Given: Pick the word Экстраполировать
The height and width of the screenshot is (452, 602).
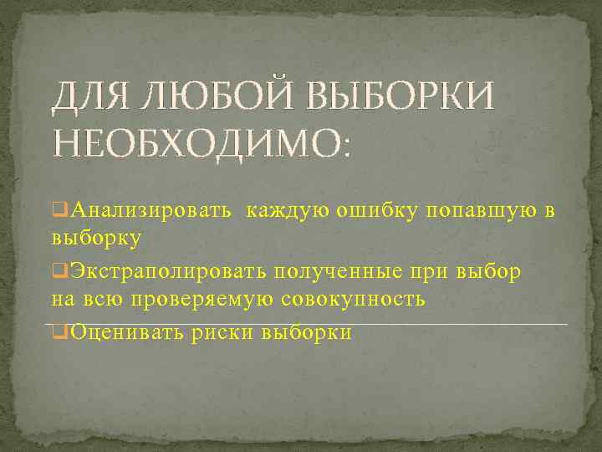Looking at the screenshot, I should coord(168,272).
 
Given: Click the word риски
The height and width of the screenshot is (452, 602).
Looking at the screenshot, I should coord(222,332).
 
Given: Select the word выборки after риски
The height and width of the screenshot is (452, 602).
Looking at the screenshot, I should coord(307,332).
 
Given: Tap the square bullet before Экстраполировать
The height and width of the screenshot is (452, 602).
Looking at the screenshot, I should coord(59,272).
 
